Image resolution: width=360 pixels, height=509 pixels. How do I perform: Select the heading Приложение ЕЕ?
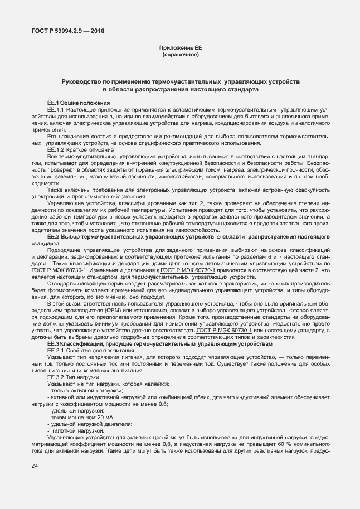point(180,49)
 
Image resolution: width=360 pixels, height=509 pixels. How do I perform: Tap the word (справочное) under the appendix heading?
point(180,55)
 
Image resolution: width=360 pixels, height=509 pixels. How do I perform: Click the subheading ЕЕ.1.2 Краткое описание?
point(77,150)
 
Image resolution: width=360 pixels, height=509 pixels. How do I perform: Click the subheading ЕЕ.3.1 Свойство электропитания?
point(86,351)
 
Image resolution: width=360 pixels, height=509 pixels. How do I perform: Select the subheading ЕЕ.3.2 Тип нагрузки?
point(72,377)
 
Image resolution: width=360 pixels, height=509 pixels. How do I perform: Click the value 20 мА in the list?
point(90,417)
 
